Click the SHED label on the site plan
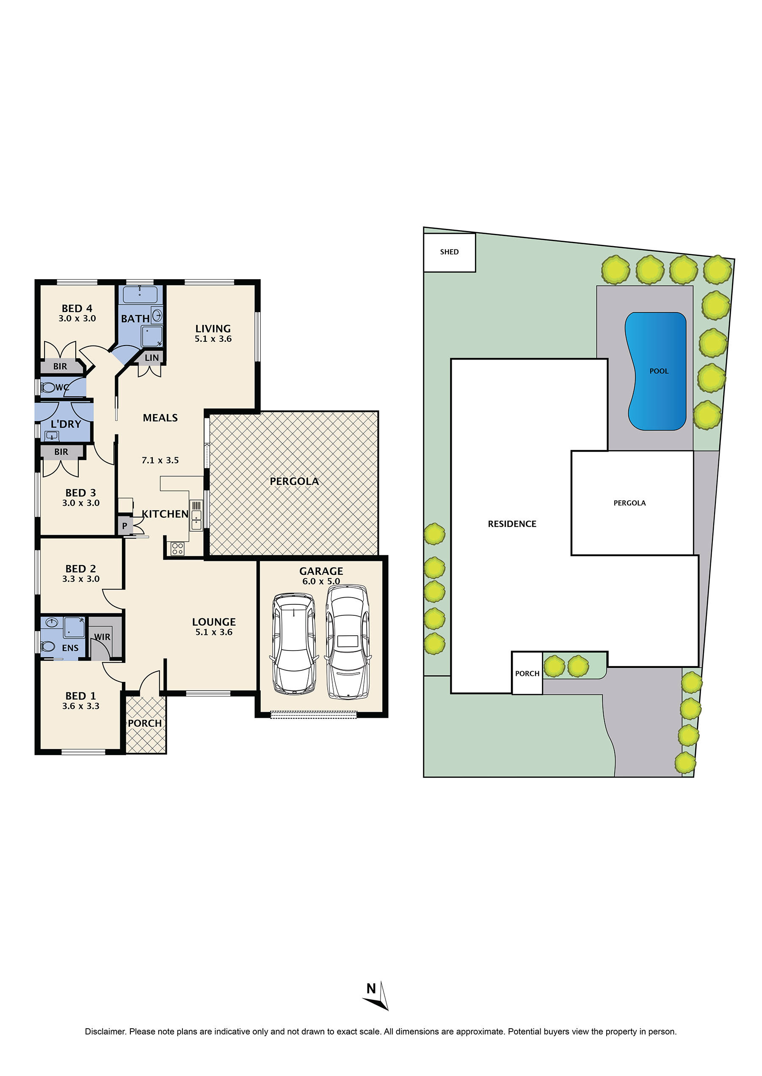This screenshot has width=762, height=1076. point(449,252)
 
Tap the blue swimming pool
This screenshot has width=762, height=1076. point(657,371)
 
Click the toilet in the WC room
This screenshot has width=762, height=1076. point(47,388)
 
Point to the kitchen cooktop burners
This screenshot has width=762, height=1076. point(177,548)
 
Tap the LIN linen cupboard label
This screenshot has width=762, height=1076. point(152,358)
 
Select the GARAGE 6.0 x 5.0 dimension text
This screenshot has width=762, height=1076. point(321,582)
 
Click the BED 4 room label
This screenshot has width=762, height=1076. point(77,308)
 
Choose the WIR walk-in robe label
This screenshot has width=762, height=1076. point(102,637)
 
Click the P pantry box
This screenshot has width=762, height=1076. point(125,526)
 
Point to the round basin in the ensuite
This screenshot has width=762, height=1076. point(52,622)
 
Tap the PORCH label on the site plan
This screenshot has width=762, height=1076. point(527,673)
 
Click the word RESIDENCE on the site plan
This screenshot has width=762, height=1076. point(512,524)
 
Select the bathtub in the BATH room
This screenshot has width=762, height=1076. point(140,295)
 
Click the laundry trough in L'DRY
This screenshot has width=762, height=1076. point(51,436)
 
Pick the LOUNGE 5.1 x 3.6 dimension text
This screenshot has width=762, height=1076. point(214,632)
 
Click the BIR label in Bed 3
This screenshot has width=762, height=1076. point(61,452)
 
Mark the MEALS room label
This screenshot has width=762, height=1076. point(160,418)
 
